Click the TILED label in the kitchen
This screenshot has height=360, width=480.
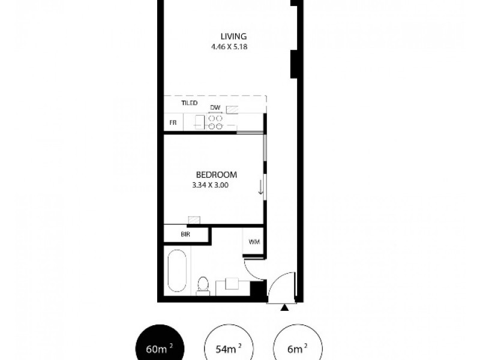(x=190, y=103)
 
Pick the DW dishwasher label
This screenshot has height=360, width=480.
(x=215, y=108)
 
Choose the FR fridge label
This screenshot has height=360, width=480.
(x=173, y=122)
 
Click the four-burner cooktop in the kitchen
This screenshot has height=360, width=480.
(x=215, y=122)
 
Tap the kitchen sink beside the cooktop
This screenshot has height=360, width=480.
(x=199, y=122)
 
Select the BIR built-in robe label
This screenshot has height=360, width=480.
(x=185, y=234)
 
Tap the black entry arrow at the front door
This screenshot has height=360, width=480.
(x=284, y=307)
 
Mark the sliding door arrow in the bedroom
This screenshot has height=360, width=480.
(x=260, y=188)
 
